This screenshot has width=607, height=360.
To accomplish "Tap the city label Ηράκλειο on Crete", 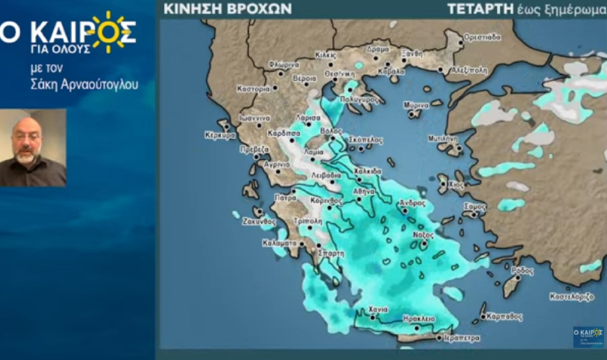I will point(420,318).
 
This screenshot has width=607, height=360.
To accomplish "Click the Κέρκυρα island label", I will point(219,135).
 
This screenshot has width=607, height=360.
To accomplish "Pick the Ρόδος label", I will point(522,270).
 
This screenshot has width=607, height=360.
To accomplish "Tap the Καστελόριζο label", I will point(572,296).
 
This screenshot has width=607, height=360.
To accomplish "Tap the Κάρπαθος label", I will point(503,314).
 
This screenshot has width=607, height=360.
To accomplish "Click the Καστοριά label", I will point(253,88).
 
